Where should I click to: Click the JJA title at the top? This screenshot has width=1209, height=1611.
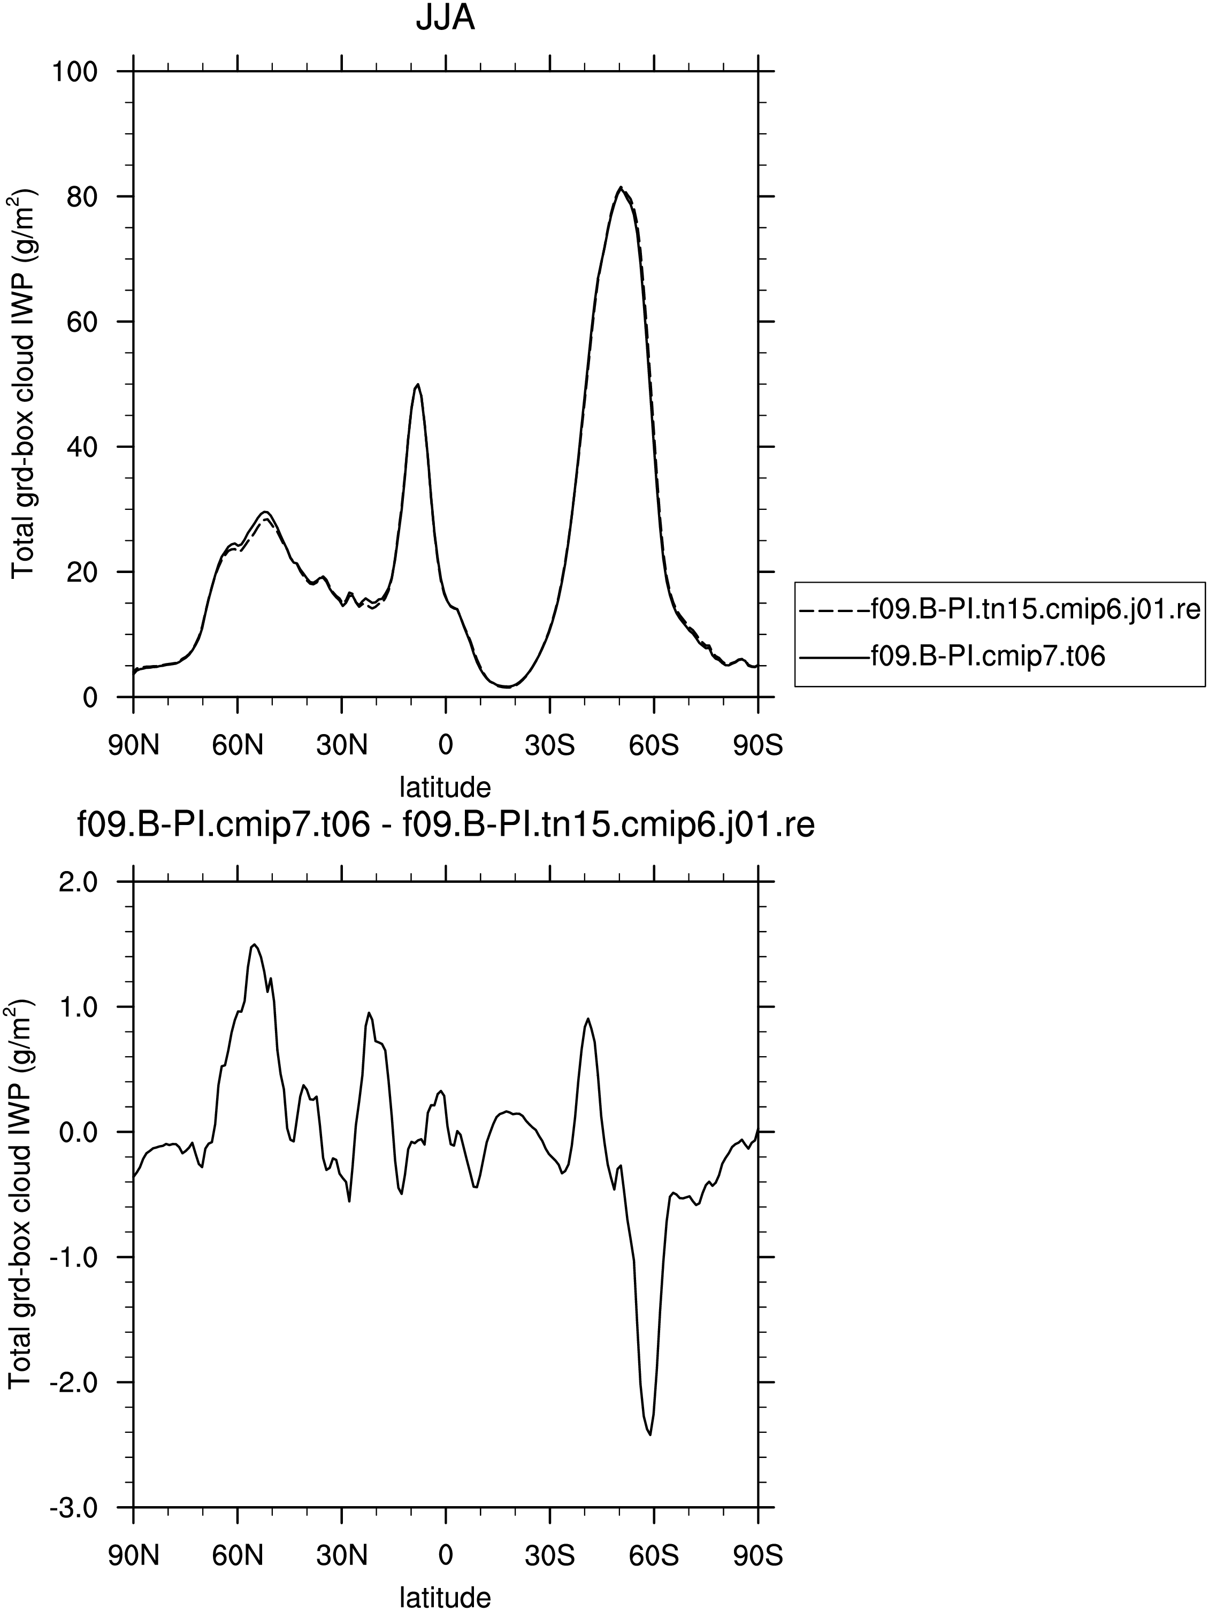tap(445, 18)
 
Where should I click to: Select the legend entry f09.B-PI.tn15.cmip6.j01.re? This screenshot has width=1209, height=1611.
tap(999, 609)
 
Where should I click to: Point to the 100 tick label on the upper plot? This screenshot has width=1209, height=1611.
tap(76, 71)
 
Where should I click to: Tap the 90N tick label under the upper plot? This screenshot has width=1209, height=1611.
tap(133, 746)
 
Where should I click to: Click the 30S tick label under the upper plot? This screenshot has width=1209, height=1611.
tap(550, 746)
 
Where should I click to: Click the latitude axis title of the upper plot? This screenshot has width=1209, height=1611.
tap(446, 787)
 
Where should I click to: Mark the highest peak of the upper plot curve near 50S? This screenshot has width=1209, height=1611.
tap(620, 187)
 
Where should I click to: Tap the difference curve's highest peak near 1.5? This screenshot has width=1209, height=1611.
tap(254, 944)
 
